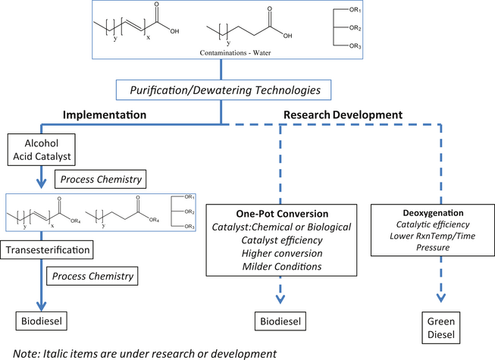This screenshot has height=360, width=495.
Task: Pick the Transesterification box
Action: pos(50,248)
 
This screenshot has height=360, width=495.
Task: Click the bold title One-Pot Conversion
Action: pos(280,213)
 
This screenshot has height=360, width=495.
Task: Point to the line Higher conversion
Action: pos(280,252)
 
